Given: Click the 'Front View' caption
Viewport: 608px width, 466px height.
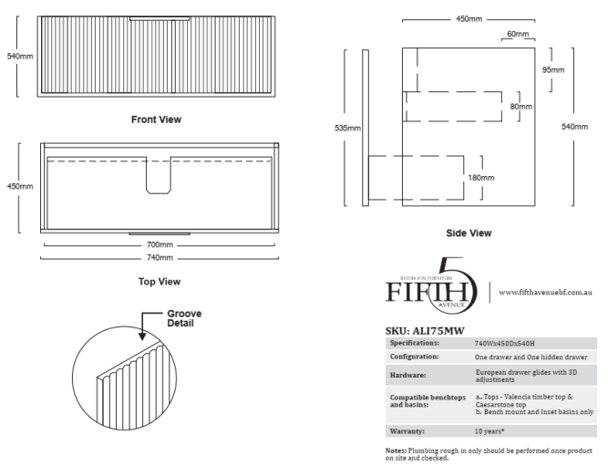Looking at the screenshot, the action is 156,119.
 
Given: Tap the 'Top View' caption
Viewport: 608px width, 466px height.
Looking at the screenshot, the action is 160,282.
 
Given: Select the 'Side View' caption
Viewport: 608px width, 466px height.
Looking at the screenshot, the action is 469,233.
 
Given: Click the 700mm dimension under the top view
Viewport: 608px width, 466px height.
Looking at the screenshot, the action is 160,244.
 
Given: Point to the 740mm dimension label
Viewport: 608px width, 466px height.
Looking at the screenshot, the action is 160,258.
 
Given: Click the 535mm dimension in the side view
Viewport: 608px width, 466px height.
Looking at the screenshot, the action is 348,128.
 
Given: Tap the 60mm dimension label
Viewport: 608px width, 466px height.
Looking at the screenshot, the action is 518,34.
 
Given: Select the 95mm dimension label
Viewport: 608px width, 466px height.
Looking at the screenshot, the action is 553,70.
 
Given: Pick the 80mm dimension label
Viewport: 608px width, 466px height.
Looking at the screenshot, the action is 521,107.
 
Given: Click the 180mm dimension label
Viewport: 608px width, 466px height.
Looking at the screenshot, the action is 481,178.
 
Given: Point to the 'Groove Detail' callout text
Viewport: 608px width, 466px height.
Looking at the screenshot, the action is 184,318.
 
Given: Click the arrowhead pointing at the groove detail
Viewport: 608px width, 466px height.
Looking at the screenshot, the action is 142,336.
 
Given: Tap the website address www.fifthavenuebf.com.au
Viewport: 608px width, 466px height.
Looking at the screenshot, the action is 545,292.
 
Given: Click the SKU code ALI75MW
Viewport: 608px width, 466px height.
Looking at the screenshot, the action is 438,331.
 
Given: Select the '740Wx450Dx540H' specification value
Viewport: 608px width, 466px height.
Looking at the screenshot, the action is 504,344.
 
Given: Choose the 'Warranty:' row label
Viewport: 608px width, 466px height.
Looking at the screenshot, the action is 407,431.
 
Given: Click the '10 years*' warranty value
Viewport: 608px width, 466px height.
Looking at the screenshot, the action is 489,431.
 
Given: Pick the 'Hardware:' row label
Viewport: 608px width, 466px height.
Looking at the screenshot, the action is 408,375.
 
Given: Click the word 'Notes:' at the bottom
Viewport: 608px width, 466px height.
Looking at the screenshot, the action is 396,450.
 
